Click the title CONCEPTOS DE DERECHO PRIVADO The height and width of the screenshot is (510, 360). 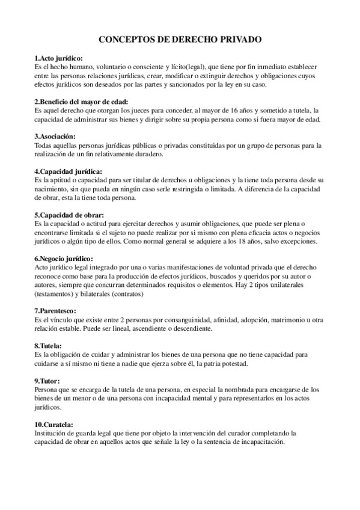pyautogui.click(x=180, y=38)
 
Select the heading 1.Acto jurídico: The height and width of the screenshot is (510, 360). pyautogui.click(x=59, y=58)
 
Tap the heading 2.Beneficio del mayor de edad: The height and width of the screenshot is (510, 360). pyautogui.click(x=81, y=102)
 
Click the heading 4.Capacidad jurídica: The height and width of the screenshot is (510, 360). pyautogui.click(x=68, y=171)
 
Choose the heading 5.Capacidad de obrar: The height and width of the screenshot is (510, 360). pyautogui.click(x=69, y=215)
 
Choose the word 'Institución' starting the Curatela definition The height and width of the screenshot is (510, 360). pyautogui.click(x=52, y=433)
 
